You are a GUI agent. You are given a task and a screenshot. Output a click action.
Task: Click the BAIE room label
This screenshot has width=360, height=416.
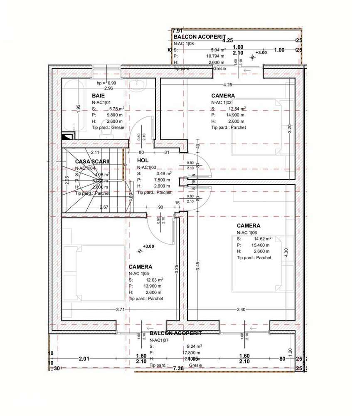point(98,96)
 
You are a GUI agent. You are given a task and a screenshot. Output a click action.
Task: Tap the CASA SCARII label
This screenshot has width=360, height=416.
point(92,161)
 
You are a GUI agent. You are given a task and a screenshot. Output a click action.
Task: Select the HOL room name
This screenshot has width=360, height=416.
point(143,160)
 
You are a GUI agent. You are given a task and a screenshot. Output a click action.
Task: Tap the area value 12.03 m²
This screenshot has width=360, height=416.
point(153,280)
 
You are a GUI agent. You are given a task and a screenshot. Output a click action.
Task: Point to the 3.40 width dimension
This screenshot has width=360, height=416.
point(241,309)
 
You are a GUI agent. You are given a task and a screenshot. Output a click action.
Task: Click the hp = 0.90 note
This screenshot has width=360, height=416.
point(107,83)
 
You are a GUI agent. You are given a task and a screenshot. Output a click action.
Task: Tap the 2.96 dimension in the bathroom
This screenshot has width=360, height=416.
point(108,89)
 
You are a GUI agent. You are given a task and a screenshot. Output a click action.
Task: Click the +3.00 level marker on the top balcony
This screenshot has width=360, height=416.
point(261,53)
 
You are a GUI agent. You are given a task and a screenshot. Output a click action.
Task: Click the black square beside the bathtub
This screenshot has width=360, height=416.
point(66,136)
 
